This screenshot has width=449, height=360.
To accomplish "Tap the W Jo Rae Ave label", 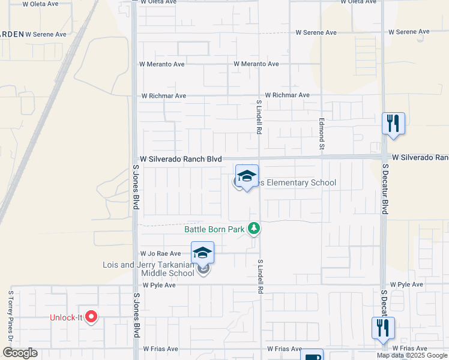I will coord(160,254).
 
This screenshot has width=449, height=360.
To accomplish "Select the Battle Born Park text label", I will coord(214,229).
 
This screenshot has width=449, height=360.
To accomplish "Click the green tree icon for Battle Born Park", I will coord(255,228).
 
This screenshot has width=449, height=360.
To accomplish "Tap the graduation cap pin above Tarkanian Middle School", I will coord(203,253).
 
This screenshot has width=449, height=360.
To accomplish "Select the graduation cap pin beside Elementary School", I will coord(246,176).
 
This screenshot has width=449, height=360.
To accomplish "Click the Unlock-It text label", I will coord(67,317).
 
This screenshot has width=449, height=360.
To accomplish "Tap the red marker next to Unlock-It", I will coord(91,316).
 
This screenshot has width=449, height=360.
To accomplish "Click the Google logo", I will coord(20,353).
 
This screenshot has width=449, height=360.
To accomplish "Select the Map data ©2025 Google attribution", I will coord(412,355).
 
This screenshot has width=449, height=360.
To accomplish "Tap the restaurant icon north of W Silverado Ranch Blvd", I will coord(393,124).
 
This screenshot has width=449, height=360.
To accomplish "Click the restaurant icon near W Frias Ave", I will coord(383,328).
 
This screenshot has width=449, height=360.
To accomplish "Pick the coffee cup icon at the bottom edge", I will coord(312,356).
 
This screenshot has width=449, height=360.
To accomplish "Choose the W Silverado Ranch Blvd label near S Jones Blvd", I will coord(181,159).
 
